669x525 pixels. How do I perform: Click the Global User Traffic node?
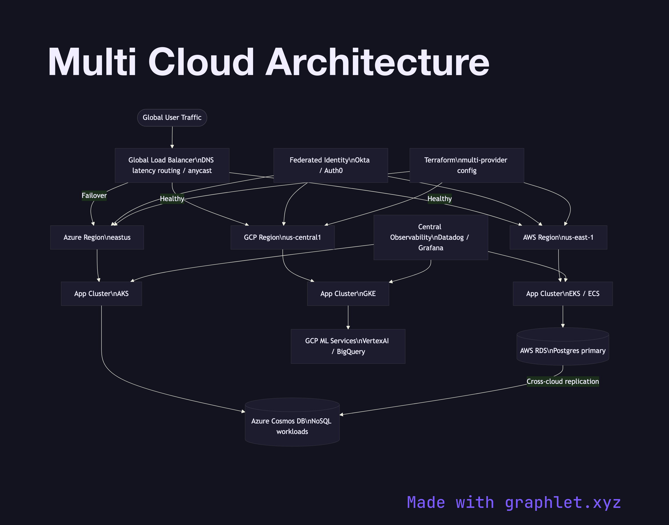click(172, 118)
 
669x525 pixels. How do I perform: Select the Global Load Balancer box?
click(172, 165)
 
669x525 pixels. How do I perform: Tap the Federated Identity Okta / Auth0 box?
click(331, 165)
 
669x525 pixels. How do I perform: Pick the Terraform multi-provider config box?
click(467, 165)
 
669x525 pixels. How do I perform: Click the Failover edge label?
click(94, 195)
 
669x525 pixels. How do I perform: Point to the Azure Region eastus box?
click(97, 237)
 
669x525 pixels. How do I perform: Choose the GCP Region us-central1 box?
click(282, 237)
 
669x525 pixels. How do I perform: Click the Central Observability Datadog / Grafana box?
click(431, 237)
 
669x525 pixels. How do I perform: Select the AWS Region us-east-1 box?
click(558, 237)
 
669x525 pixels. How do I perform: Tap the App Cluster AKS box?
click(101, 294)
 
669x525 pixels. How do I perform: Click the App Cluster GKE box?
click(348, 294)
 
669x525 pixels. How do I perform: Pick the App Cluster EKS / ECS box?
click(563, 294)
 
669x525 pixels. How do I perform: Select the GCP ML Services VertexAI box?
click(348, 346)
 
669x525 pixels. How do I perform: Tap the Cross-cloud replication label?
click(563, 381)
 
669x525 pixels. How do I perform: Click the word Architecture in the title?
click(377, 62)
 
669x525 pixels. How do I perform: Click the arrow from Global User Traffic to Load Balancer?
click(172, 137)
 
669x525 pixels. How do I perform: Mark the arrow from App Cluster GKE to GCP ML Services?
click(348, 317)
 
